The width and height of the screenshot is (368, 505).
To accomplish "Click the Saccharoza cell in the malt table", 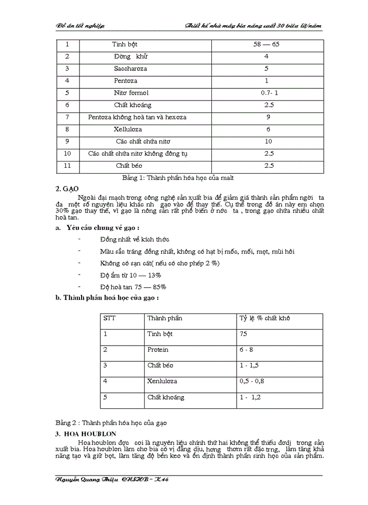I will (x=130, y=68).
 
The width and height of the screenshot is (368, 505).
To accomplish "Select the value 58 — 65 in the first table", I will (x=266, y=44).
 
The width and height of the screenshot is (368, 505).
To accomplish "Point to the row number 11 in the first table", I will (x=67, y=166).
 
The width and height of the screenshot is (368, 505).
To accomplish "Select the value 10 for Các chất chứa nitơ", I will (x=268, y=141).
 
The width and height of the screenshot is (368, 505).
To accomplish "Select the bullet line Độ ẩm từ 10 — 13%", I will (x=130, y=275).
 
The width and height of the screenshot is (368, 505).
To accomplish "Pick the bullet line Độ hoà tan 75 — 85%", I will (x=133, y=287).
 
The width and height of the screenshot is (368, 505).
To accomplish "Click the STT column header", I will (x=109, y=318).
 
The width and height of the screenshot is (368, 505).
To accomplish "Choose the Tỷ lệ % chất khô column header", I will (x=264, y=318).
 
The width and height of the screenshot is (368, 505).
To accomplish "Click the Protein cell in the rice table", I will (x=158, y=349).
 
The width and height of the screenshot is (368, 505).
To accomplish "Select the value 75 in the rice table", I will (x=243, y=334).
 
